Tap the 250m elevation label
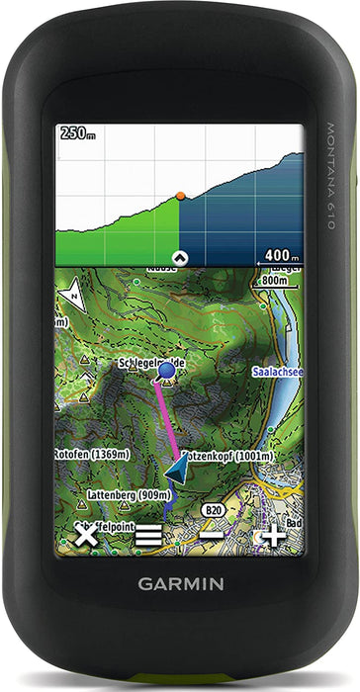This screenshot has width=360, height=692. pos(77,132)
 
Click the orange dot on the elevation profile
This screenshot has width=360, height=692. pos(180,196)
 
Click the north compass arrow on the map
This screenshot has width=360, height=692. pos(71,294)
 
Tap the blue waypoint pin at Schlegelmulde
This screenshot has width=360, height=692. pos(166,371)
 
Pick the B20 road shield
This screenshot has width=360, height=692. pos(212,510)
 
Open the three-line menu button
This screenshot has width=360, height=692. pos(148,537)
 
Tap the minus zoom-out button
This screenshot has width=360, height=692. pos(211,537)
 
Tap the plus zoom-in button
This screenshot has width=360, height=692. pos(273,537)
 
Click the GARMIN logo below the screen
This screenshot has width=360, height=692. pos(180,584)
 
